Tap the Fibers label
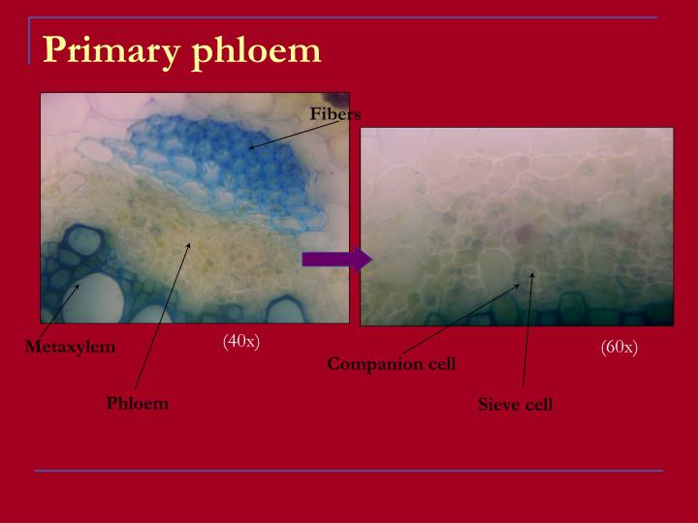(334, 114)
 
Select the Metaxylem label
(70, 347)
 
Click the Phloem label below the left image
(138, 403)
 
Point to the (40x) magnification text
(241, 340)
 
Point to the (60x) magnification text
(619, 347)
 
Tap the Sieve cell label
(515, 405)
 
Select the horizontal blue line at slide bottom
(349, 471)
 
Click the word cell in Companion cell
(435, 364)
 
